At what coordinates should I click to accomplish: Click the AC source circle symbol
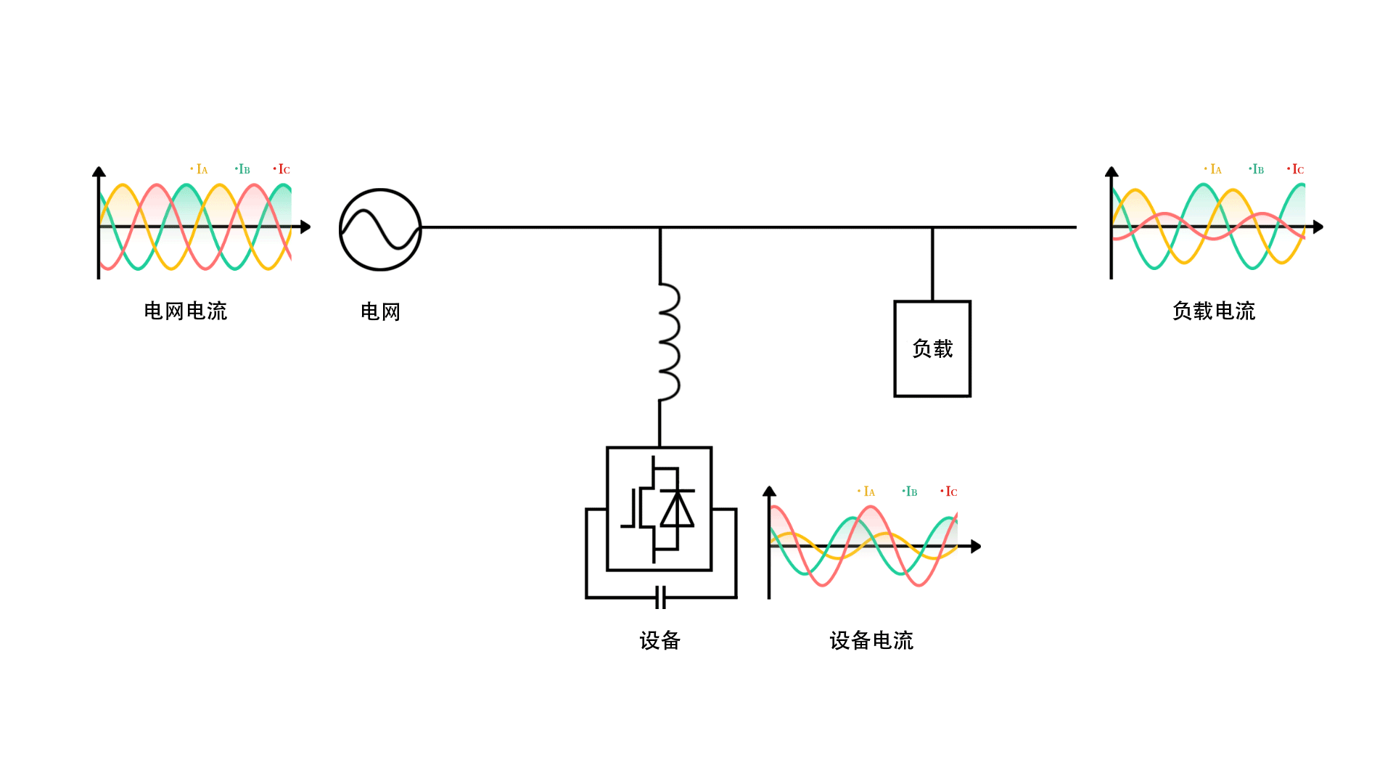coord(380,229)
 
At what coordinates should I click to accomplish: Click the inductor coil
coord(669,342)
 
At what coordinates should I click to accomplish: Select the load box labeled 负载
coord(932,348)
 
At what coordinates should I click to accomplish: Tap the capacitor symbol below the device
coord(660,597)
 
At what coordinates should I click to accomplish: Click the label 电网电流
coord(186,311)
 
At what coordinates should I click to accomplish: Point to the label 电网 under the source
coord(380,311)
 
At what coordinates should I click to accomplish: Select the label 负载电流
coord(1214,311)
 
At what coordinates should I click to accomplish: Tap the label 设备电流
coord(871,640)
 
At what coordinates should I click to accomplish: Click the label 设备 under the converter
coord(659,640)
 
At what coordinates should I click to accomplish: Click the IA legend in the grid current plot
coord(201,169)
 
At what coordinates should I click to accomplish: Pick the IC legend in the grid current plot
coord(283,169)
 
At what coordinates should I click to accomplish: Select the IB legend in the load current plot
coord(1257,169)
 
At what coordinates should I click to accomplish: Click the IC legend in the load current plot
coord(1297,169)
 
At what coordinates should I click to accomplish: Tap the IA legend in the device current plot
coord(868,491)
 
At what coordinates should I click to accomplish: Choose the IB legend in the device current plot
coord(910,491)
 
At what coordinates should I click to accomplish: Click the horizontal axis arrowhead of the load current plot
coord(1318,227)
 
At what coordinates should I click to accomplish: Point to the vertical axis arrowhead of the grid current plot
coord(99,172)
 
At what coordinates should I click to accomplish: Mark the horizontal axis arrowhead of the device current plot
coord(976,546)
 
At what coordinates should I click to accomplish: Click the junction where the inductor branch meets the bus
coord(659,227)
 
